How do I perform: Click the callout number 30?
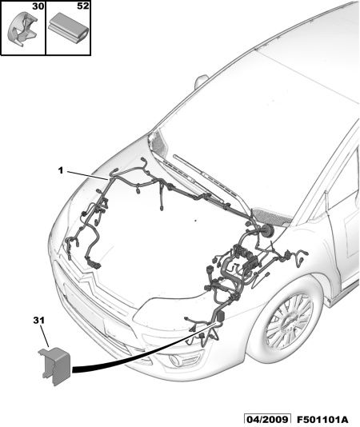point(38,6)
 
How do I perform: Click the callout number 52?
point(83,6)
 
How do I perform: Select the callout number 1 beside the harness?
point(61,171)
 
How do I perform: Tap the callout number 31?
point(38,320)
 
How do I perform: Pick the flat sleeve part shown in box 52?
point(68,26)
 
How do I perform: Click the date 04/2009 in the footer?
point(266,420)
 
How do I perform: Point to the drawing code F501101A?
point(322,420)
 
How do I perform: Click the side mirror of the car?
point(201,81)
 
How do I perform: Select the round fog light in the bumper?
point(174,361)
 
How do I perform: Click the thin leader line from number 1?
point(87,175)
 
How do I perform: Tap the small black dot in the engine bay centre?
point(195,221)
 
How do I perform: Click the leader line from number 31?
point(45,337)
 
